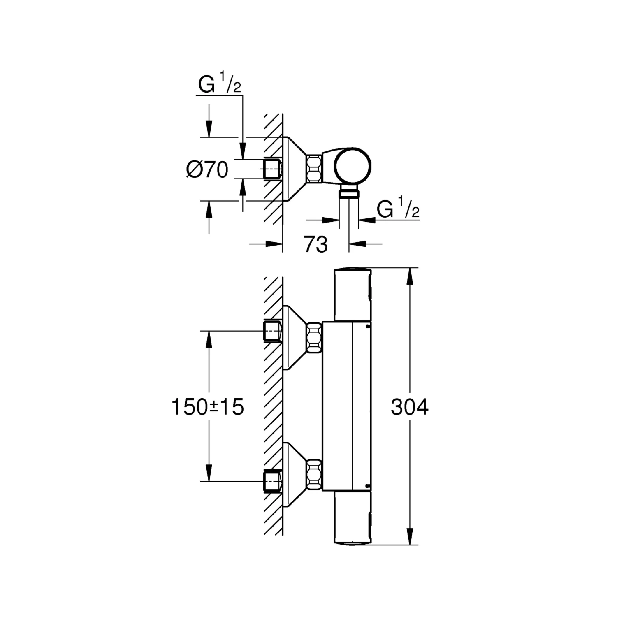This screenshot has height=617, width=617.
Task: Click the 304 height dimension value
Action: (409, 407)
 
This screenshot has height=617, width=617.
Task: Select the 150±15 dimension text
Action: (208, 407)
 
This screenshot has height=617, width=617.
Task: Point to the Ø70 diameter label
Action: (207, 169)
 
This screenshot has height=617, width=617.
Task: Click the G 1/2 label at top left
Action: (219, 85)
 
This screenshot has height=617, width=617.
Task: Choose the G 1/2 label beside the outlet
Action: (398, 209)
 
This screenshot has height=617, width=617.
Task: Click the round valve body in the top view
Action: (352, 167)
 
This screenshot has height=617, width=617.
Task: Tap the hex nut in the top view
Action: (314, 169)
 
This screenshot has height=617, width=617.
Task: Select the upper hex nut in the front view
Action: (314, 337)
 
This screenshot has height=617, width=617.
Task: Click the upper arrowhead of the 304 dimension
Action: (410, 276)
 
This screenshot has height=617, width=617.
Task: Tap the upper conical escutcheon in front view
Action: (294, 337)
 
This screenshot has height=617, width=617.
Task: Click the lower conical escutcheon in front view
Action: (294, 474)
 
